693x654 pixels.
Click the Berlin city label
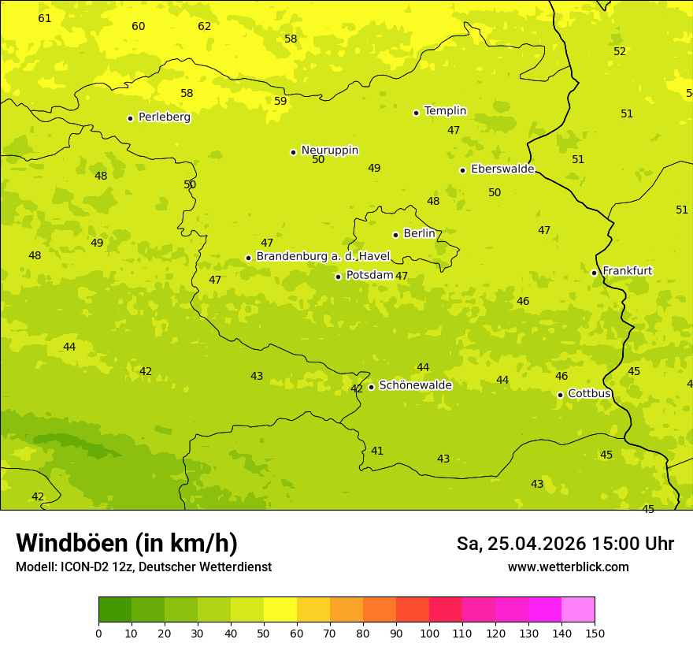[419, 234]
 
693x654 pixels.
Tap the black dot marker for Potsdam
[338, 277]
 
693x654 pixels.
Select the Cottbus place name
[589, 393]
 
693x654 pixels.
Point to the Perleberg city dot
[130, 118]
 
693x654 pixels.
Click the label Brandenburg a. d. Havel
[323, 256]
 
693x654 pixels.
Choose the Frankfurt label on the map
[627, 271]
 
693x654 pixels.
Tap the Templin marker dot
[416, 113]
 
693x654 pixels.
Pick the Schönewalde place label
[415, 385]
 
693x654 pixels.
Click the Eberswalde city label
[502, 169]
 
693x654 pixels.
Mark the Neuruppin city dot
[293, 152]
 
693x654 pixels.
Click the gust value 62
[205, 26]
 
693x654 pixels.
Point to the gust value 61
[45, 18]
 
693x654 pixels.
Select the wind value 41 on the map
[377, 451]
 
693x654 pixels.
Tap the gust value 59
[280, 101]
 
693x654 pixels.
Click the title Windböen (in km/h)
[127, 543]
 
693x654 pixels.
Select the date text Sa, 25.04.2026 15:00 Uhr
[565, 544]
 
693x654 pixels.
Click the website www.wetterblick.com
[568, 567]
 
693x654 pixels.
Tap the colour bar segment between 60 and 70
[313, 609]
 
